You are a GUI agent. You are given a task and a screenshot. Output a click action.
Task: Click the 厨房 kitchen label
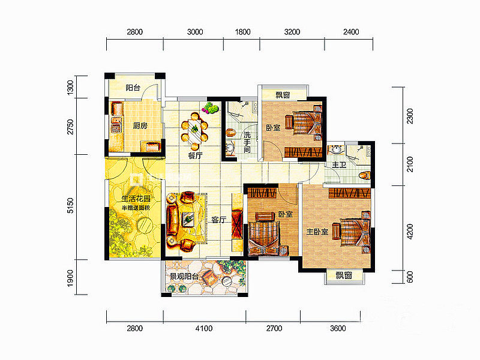click(x=140, y=125)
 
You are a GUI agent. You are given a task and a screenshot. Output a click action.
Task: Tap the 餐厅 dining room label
click(x=196, y=155)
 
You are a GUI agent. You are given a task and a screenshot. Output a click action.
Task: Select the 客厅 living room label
click(x=219, y=220)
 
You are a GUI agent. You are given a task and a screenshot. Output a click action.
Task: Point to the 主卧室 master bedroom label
click(x=317, y=232)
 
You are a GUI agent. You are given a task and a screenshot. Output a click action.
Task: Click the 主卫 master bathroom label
click(x=339, y=164)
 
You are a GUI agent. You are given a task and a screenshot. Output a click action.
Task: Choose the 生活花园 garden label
click(x=136, y=199)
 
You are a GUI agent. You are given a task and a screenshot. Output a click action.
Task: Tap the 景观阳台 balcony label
click(x=184, y=277)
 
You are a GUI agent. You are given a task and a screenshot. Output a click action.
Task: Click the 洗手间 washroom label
click(x=247, y=142)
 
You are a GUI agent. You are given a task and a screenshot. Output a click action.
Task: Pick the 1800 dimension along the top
click(x=243, y=32)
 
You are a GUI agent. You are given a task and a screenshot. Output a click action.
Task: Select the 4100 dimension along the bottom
click(x=204, y=328)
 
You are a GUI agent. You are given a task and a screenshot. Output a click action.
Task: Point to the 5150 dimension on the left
click(x=71, y=206)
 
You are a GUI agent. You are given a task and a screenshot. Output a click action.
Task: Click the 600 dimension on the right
click(x=410, y=277)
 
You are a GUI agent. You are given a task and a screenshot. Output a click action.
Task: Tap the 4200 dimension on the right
click(x=410, y=232)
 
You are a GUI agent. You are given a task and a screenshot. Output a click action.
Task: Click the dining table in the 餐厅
click(x=194, y=130)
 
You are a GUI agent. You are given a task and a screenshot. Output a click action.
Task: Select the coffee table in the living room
click(x=188, y=218)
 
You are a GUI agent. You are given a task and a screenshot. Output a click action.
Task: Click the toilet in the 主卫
click(x=365, y=176)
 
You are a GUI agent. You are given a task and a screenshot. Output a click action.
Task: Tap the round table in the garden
click(x=145, y=226)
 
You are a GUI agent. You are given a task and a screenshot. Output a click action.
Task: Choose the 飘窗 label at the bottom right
click(x=343, y=275)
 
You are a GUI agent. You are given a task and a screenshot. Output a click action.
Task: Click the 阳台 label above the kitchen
click(x=133, y=88)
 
